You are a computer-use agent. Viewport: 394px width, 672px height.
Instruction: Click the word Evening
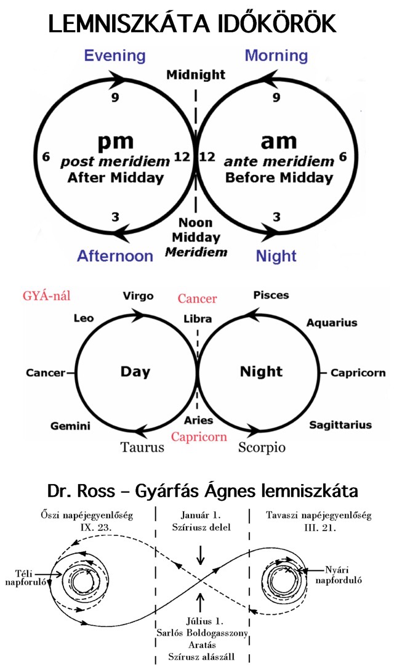click(115, 56)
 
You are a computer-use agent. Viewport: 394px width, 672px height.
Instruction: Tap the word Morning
click(276, 56)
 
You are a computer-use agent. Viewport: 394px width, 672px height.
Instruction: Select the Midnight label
click(196, 75)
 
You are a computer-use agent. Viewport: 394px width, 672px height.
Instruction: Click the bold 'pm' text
click(115, 141)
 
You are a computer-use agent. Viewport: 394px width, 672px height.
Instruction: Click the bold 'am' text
click(279, 141)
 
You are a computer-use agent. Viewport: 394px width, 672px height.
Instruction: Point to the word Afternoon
click(115, 256)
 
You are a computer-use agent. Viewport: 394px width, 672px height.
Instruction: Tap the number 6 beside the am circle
click(343, 156)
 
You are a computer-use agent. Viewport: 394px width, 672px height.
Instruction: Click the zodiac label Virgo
click(138, 296)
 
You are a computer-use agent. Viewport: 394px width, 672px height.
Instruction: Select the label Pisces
click(271, 295)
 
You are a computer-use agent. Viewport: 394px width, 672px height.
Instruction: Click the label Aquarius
click(332, 323)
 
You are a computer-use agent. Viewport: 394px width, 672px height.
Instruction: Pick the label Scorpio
click(262, 448)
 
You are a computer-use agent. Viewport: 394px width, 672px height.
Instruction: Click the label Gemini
click(70, 426)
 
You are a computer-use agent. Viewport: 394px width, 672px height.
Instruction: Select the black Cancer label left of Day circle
click(46, 373)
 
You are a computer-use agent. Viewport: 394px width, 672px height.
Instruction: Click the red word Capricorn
click(198, 437)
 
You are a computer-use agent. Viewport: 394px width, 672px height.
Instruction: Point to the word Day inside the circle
click(135, 372)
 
